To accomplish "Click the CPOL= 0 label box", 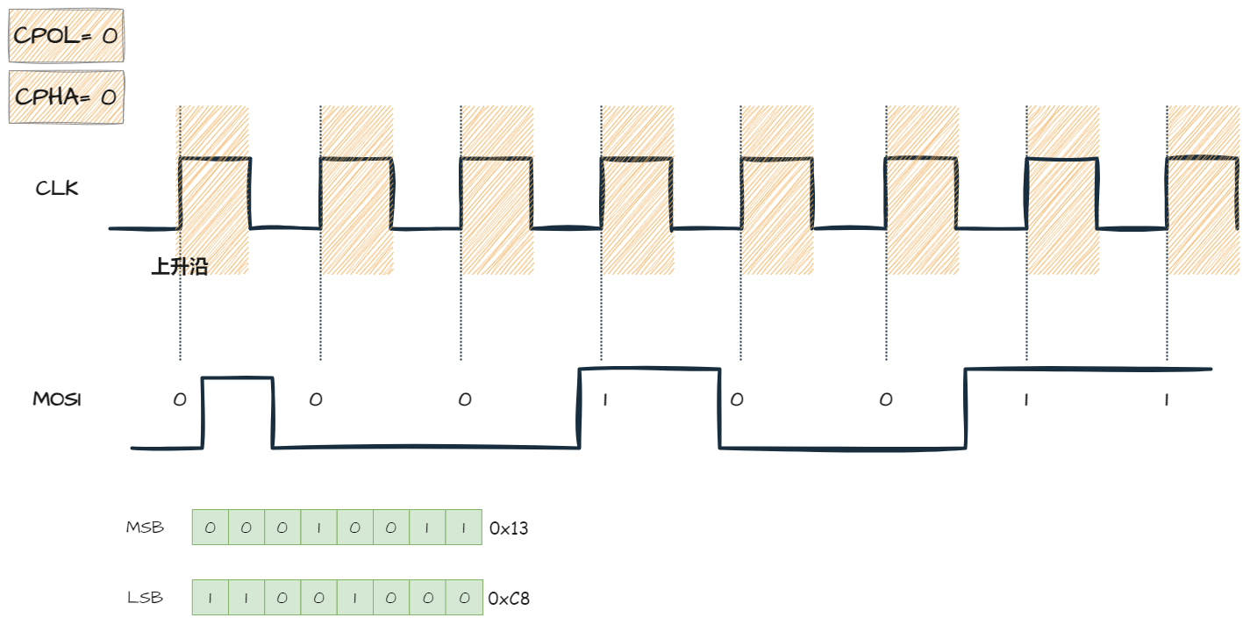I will click(66, 36).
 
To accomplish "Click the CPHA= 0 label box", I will click(66, 97).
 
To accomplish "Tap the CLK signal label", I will click(57, 188).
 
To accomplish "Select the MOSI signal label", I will click(57, 399).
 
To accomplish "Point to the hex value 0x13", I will click(509, 528).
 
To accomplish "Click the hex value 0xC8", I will click(509, 599).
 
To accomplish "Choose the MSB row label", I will click(145, 528).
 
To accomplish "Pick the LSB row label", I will click(145, 598).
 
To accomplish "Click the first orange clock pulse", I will click(212, 190).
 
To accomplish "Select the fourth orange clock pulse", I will click(638, 190).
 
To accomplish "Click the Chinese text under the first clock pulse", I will click(179, 267).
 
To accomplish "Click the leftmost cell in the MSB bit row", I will click(210, 528).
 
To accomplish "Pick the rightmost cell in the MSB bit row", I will click(463, 528).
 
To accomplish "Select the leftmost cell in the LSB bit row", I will click(210, 598).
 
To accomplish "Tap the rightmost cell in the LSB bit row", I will click(463, 598).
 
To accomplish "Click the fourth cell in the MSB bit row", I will click(318, 528).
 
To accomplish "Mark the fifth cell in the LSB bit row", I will click(354, 598).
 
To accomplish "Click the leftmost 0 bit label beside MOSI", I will click(180, 400).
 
